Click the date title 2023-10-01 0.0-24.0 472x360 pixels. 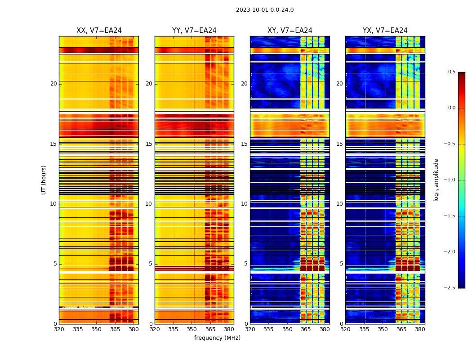click(x=265, y=10)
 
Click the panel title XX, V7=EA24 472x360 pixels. click(x=99, y=31)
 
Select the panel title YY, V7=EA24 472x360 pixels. click(x=194, y=31)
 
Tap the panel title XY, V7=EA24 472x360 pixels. click(x=290, y=31)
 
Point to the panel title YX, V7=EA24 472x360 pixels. click(x=385, y=31)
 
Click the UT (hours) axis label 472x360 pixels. click(x=44, y=180)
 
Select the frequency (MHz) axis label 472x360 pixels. click(x=217, y=338)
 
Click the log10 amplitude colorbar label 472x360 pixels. click(x=436, y=180)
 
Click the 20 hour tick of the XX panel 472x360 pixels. click(x=53, y=84)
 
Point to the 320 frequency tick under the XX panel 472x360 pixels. click(x=59, y=329)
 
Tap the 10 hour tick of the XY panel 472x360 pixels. click(x=244, y=204)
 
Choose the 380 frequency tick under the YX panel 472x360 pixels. click(x=420, y=329)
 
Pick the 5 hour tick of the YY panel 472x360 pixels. click(x=150, y=264)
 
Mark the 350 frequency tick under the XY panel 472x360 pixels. click(x=287, y=329)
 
